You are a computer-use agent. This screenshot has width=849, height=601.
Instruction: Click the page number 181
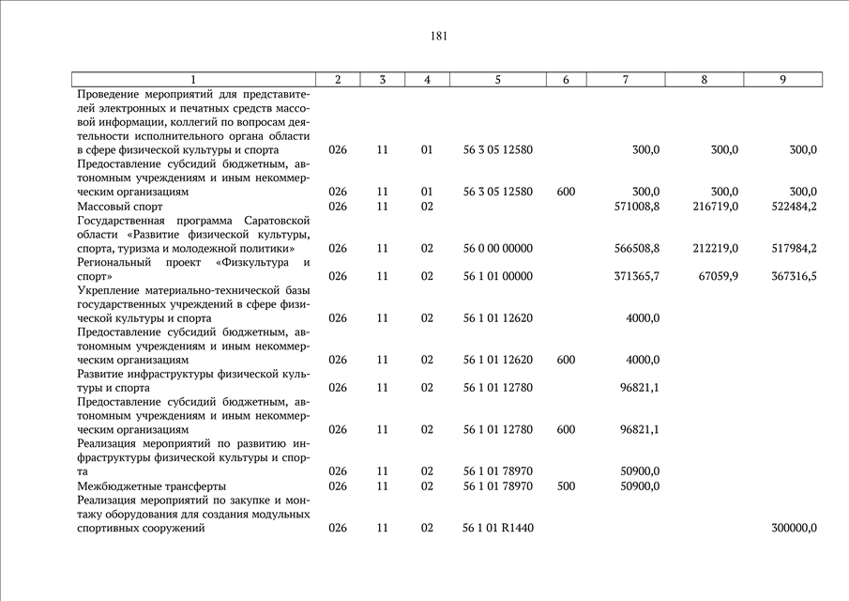439,37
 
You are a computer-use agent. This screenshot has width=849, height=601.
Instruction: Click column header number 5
498,80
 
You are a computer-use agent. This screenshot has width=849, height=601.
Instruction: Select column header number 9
782,80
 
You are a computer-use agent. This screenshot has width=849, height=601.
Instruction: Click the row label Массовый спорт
120,206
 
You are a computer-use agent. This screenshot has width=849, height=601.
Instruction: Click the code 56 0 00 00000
498,248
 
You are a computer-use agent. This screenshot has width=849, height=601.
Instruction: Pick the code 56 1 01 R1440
498,528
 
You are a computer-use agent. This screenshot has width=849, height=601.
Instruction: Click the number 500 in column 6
566,485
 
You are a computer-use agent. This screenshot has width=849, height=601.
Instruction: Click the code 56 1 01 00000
498,276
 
